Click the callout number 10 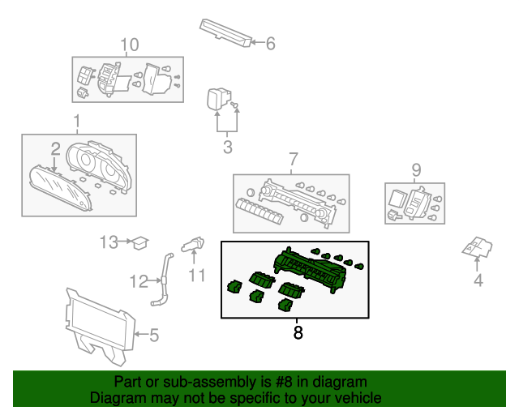[129, 44]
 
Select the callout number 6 [270, 43]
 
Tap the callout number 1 [78, 122]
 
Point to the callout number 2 [55, 149]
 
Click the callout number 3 [227, 147]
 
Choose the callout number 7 [293, 158]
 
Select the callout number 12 [139, 281]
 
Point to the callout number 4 [478, 281]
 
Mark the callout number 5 [154, 332]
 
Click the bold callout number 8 [298, 332]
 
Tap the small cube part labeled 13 [139, 242]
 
